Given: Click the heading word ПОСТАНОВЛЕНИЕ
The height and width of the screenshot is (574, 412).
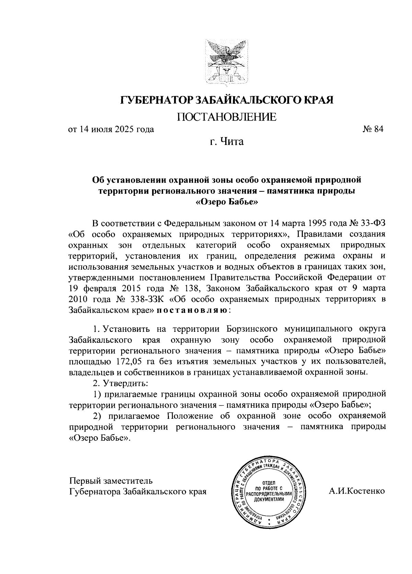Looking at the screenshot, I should tap(226, 117).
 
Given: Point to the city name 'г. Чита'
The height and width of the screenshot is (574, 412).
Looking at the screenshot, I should tap(227, 141).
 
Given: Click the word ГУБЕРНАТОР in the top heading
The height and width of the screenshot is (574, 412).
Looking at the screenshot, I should tap(157, 100).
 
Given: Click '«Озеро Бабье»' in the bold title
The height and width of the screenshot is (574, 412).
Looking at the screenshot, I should tap(227, 202).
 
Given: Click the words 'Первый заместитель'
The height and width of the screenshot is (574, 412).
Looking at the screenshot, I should tap(111, 480).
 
